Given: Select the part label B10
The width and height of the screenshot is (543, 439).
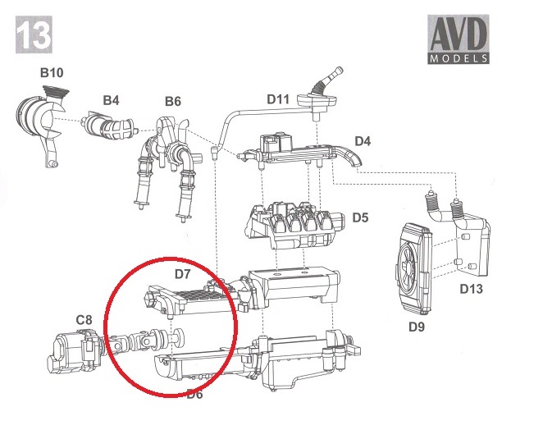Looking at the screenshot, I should tap(51, 73).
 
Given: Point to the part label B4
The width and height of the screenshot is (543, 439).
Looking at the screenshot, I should tap(111, 100).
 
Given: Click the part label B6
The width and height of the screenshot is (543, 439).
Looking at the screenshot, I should tap(172, 101).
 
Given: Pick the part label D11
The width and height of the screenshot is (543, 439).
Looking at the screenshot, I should tap(278, 98).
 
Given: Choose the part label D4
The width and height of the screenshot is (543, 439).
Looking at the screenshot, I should tap(362, 142).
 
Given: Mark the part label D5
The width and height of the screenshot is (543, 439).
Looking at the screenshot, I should tap(361, 217).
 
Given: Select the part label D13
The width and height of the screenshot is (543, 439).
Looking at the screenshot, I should tap(472, 288).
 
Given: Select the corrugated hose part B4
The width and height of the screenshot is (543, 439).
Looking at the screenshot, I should tap(110, 127).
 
